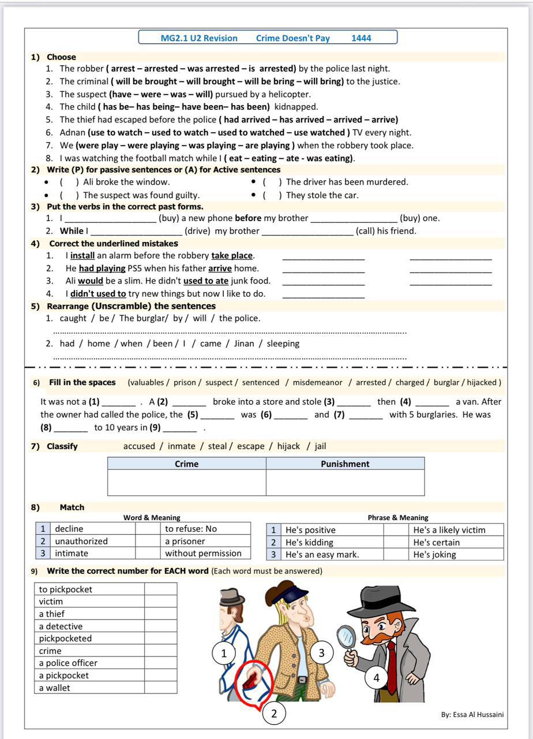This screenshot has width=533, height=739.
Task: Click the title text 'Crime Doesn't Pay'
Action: pos(292,38)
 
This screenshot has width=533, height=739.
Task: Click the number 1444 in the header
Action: pos(361,38)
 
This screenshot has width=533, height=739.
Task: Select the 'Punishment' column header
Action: pos(345,464)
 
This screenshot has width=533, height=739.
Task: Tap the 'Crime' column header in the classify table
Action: pos(186,464)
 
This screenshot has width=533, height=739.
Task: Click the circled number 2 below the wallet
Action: pos(274,714)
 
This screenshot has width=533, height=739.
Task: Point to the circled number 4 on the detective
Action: pos(377,678)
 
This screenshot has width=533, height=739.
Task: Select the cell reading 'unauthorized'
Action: pos(81,541)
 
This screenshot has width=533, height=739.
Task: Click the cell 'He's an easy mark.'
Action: pos(322,554)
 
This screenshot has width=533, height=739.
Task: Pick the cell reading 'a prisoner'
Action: pos(185,541)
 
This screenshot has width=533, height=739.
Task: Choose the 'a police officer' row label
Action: pos(68,663)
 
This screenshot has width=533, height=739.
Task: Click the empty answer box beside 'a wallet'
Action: pos(160,688)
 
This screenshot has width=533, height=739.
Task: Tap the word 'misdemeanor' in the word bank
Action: pos(317,382)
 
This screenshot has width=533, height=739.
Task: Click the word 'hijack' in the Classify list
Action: pos(288,446)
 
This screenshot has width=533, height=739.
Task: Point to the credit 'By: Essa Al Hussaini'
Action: pos(472,714)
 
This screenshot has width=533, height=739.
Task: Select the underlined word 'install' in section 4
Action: pos(82,255)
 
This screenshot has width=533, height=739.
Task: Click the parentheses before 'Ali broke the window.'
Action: pos(69,182)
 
